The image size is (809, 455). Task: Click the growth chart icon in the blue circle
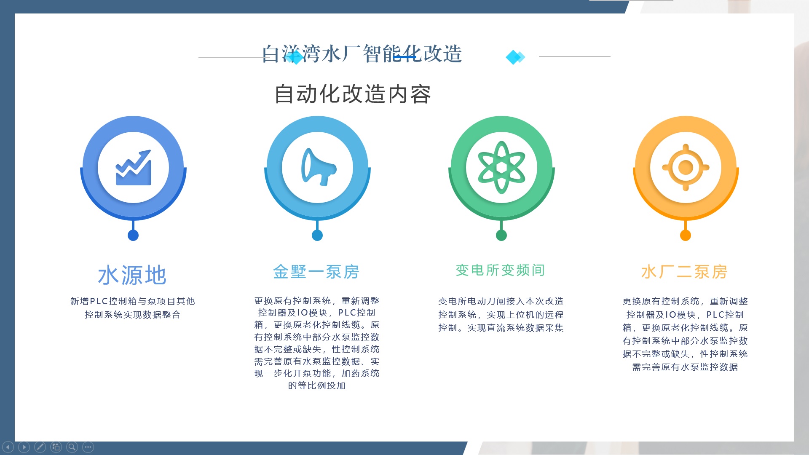(133, 168)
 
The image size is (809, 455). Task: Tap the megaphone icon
(319, 167)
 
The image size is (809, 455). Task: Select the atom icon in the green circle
(501, 167)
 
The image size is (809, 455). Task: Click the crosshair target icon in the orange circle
(686, 167)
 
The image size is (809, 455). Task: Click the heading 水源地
(132, 276)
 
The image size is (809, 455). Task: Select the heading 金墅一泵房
(316, 272)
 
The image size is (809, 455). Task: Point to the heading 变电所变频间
(501, 270)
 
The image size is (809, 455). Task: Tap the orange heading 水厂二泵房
(685, 272)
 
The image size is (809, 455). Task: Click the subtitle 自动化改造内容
(353, 94)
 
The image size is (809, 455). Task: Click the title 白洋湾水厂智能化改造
(362, 54)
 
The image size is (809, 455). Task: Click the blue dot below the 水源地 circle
(133, 236)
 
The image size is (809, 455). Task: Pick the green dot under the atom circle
(501, 236)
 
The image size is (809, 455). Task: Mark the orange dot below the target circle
(686, 236)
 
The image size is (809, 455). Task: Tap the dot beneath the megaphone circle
(317, 236)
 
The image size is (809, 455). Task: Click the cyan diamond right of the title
(515, 57)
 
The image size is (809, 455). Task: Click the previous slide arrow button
(8, 447)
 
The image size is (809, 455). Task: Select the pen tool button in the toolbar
(40, 447)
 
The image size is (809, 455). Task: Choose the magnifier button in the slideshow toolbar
(72, 447)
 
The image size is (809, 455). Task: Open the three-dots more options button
(88, 447)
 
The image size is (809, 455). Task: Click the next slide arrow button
(24, 447)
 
